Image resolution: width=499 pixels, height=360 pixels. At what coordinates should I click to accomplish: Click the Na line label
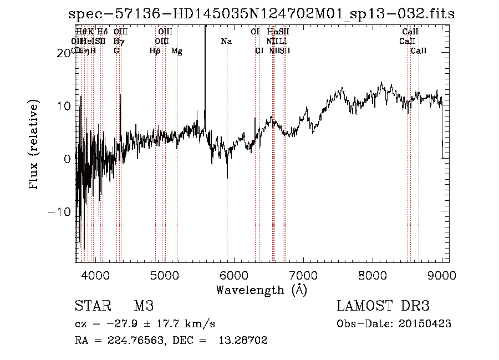point(226,41)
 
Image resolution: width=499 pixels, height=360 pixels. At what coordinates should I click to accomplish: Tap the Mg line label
point(177,50)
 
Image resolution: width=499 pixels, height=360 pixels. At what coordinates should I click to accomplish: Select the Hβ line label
point(155,50)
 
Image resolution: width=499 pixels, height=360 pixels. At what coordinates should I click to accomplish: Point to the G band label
point(116,50)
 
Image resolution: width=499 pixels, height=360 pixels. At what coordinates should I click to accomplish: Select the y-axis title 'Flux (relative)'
point(34,145)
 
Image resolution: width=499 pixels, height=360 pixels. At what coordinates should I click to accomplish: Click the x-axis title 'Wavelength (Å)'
point(261,290)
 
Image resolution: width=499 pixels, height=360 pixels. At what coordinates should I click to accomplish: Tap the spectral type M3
point(144,306)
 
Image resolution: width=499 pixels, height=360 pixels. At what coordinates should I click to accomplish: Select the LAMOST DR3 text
point(383,306)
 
